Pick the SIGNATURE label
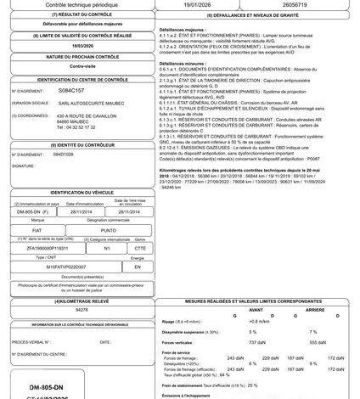[x=24, y=166]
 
